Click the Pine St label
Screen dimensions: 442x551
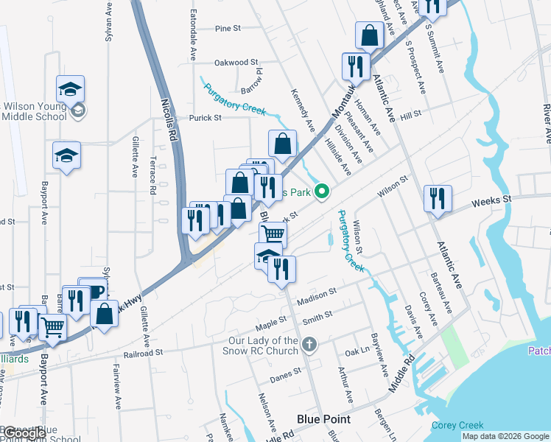(228, 29)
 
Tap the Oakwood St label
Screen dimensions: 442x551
(236, 63)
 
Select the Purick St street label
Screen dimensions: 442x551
(206, 118)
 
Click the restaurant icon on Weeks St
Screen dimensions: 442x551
(438, 199)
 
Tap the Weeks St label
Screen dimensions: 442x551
(491, 200)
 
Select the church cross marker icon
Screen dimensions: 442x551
(310, 344)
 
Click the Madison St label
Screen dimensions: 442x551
(317, 297)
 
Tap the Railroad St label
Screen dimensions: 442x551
(144, 354)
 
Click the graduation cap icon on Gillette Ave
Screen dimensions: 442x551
(66, 155)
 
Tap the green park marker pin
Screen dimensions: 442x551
(321, 193)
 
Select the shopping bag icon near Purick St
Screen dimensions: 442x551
(282, 142)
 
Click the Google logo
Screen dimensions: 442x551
(25, 434)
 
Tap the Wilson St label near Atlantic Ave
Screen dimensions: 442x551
(393, 187)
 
